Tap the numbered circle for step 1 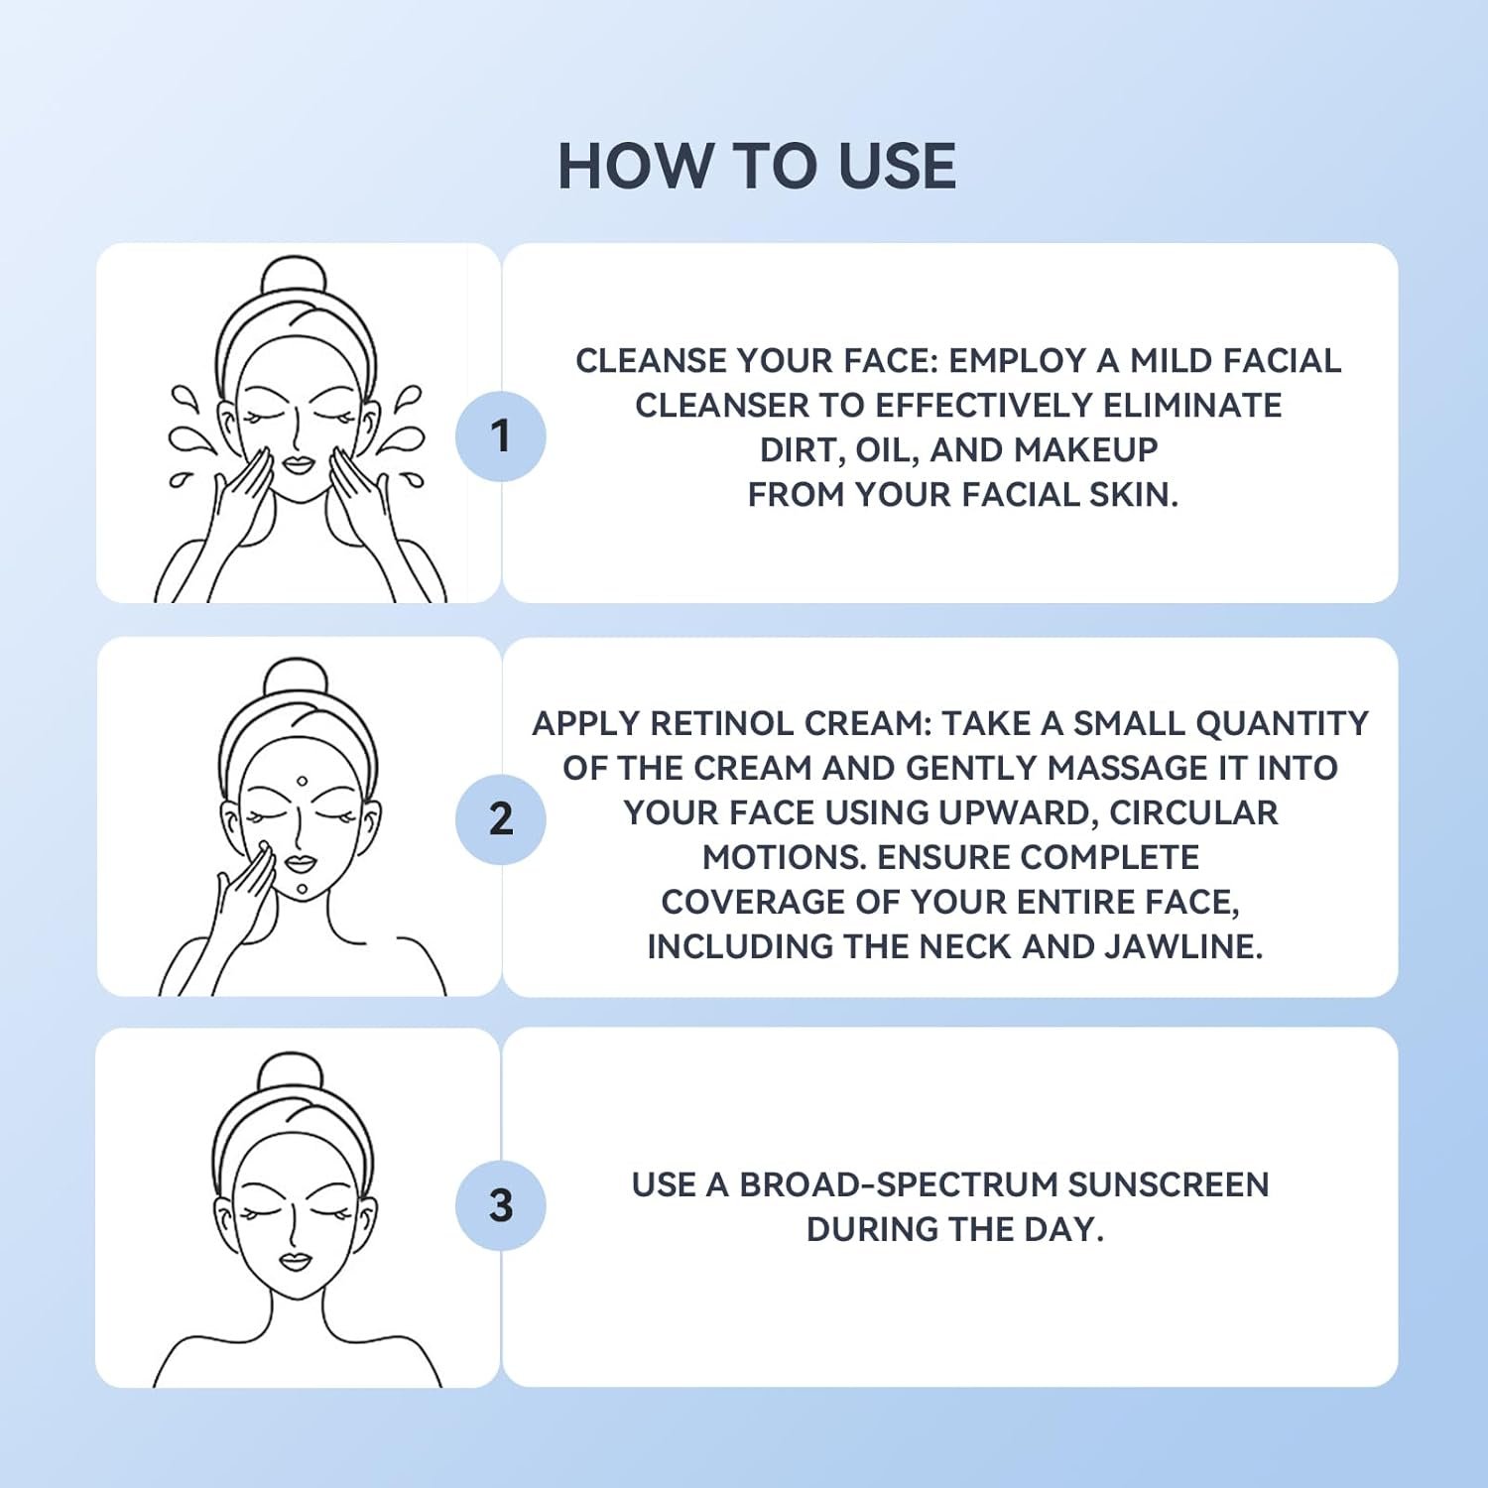pos(501,436)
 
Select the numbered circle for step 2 pos(501,819)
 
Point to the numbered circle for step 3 pos(501,1205)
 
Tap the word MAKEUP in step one pos(1085,450)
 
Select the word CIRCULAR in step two pos(1193,813)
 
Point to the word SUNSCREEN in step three pos(1169,1185)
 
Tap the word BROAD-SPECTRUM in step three pos(899,1185)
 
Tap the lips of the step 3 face pos(295,1262)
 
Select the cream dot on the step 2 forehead pos(302,782)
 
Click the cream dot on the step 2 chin pos(302,889)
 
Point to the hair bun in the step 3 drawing pos(291,1072)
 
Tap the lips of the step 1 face pos(299,464)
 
